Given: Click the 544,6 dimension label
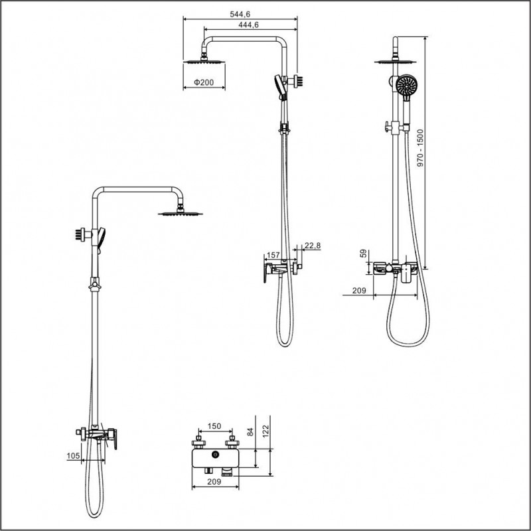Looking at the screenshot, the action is [x=240, y=14].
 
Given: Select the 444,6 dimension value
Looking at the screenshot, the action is [x=248, y=25].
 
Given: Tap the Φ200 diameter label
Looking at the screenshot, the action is [x=204, y=82].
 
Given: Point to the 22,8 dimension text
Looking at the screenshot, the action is [x=312, y=246].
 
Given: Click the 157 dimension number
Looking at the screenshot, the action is [x=273, y=255].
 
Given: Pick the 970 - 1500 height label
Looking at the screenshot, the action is [x=420, y=147].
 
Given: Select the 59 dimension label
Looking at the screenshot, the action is [x=363, y=254].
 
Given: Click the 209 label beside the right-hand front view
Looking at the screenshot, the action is [x=359, y=291].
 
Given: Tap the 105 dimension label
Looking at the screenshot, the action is [x=73, y=456].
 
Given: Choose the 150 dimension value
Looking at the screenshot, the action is [x=214, y=426].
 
